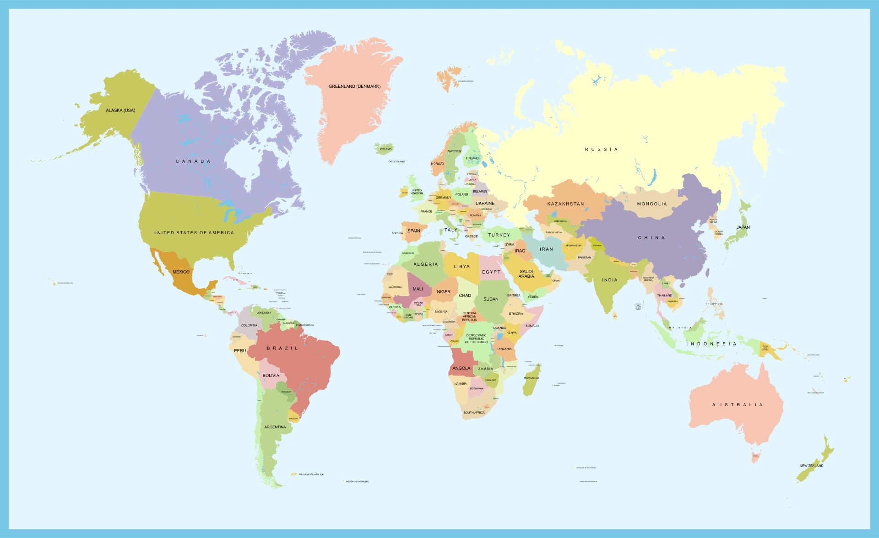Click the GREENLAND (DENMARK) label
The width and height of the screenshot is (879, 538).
point(354,86)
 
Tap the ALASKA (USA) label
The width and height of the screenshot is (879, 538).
point(120,110)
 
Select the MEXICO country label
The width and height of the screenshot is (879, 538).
point(181,272)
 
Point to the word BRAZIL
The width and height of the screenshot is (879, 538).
point(282,349)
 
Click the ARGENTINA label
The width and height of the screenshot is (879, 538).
point(275,427)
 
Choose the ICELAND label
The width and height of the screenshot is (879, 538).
point(385,149)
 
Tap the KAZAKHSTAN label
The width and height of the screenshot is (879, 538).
point(565,204)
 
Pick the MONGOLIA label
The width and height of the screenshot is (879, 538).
point(652,204)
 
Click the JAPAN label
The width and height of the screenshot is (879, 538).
point(743,227)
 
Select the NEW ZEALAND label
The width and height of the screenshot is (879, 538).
point(811,466)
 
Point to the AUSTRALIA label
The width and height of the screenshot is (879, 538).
point(738,405)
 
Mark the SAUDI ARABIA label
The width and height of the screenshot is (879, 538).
point(526,274)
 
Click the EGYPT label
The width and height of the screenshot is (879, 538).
point(491,272)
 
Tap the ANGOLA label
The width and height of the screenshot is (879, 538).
point(461,368)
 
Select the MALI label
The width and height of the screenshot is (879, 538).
point(418,289)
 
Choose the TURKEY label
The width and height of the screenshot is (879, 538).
point(499,235)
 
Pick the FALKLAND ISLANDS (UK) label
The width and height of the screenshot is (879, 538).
point(311,474)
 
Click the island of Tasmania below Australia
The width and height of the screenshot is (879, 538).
point(755,457)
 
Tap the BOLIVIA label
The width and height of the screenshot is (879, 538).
point(271,376)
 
